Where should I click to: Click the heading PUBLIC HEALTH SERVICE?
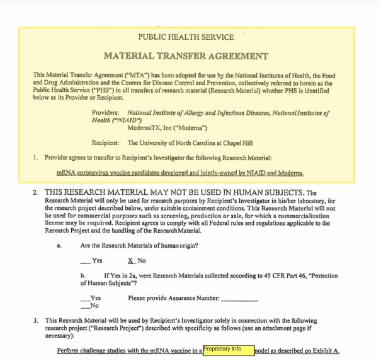186,37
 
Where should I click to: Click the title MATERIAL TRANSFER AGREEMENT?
186,56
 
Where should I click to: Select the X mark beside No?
131,260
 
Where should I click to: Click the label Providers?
106,113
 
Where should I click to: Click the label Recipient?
106,143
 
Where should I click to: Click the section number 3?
36,320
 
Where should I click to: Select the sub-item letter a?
59,245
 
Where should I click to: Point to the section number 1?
36,158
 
